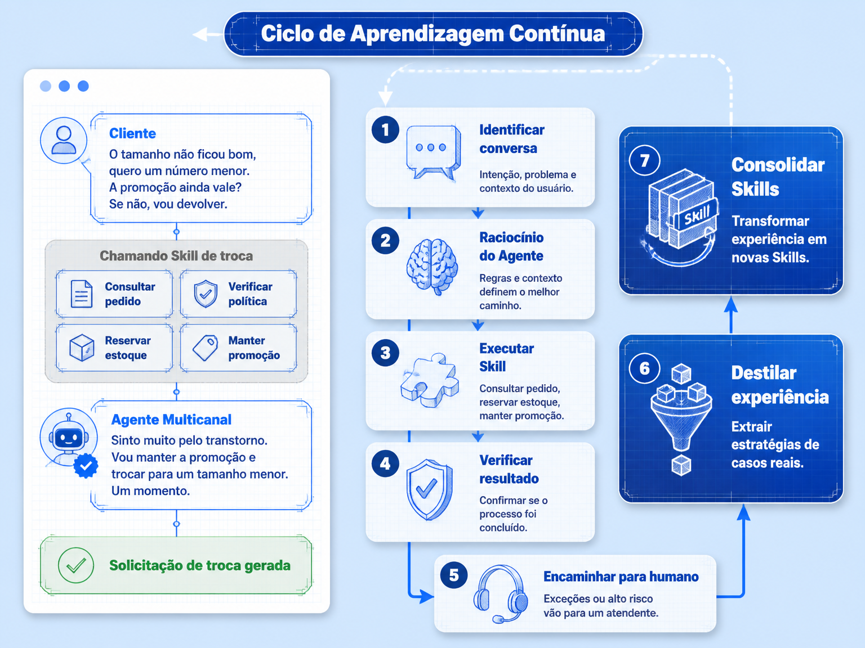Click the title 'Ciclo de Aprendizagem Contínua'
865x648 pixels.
[432, 34]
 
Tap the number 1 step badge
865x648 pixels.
[385, 129]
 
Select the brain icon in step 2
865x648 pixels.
[432, 267]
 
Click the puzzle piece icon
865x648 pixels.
[430, 380]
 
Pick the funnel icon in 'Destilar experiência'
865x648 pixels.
[681, 419]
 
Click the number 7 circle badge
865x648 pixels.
[644, 160]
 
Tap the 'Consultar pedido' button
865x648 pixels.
[114, 294]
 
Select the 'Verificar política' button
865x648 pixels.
[238, 294]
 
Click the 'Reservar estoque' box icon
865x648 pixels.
[82, 348]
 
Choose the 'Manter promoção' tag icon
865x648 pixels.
[206, 348]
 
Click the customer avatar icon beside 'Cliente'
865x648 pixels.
[64, 141]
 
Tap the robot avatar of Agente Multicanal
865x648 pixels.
[69, 437]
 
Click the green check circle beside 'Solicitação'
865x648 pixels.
[75, 565]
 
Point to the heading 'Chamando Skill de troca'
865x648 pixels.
[176, 256]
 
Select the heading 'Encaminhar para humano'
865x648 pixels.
[621, 577]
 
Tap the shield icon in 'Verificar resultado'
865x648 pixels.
[429, 489]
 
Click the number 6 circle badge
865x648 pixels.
[644, 368]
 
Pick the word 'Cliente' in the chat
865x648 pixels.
[132, 133]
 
